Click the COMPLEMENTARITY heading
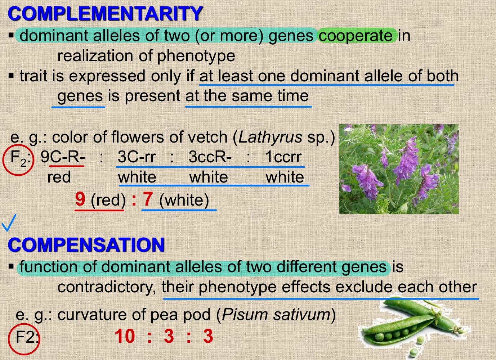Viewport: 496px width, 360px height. tap(105, 13)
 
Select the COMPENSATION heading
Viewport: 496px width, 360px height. tap(86, 245)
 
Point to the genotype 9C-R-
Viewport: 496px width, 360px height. tap(63, 157)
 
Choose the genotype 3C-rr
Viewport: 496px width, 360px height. tap(137, 157)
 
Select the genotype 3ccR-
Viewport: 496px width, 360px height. tap(210, 157)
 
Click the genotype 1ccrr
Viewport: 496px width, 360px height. tap(283, 157)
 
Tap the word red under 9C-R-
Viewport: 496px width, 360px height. tap(59, 177)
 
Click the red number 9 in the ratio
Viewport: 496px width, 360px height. tap(80, 199)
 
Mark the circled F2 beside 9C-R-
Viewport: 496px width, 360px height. tap(18, 160)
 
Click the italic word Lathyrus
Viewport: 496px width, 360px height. tap(270, 137)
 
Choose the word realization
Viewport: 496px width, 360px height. tap(95, 56)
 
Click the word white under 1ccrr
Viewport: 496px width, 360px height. tap(285, 177)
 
